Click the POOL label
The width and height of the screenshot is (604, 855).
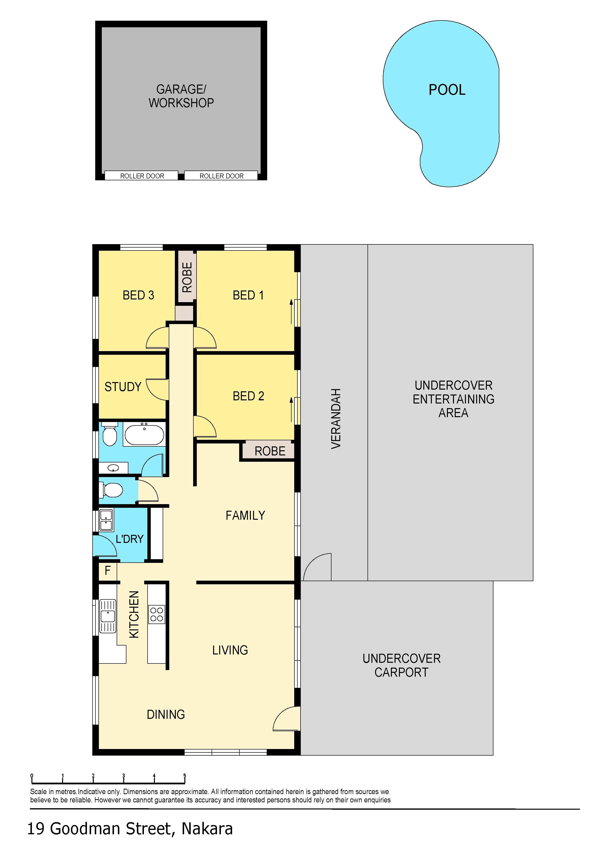point(447,90)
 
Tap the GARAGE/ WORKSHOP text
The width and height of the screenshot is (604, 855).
point(181,96)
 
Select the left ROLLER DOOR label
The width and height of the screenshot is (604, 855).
point(142,176)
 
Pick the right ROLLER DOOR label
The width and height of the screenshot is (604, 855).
point(221,176)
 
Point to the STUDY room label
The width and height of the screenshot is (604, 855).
point(123,387)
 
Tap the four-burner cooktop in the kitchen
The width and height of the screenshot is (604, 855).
point(157,615)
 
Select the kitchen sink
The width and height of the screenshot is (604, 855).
point(108,616)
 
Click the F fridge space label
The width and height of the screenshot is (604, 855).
point(108,570)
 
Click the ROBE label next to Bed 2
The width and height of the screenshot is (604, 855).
point(270,451)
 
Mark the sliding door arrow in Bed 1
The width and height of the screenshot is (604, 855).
point(291,312)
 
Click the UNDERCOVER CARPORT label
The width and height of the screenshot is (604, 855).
point(402,665)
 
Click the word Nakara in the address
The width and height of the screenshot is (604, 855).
point(207,829)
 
